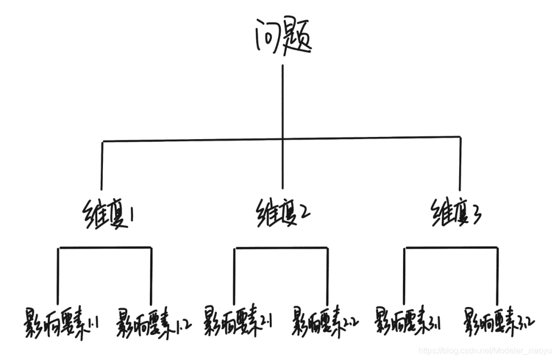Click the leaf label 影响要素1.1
click(60, 323)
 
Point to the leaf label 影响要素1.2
click(154, 323)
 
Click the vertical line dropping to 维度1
click(102, 165)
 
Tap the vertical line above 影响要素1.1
click(58, 276)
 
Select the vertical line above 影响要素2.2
click(327, 276)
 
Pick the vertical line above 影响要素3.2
click(497, 276)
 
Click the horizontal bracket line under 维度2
click(281, 249)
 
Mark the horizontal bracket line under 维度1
click(105, 248)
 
